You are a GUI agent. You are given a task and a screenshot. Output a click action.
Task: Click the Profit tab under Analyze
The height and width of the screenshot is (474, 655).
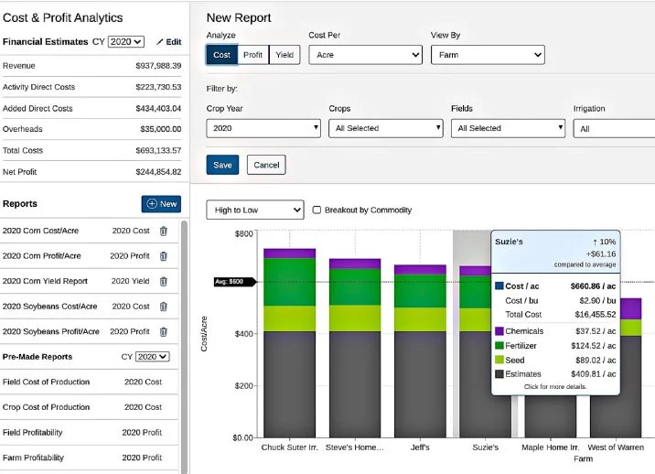tap(253, 55)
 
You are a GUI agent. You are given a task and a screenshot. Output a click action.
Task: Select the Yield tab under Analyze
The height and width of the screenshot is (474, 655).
tap(285, 55)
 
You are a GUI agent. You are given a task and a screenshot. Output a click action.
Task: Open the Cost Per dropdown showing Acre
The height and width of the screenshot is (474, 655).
tap(364, 55)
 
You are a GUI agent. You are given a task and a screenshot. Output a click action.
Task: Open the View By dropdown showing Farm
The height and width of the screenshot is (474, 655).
tap(487, 55)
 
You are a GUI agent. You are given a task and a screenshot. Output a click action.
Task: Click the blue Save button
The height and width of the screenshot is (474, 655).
tap(222, 165)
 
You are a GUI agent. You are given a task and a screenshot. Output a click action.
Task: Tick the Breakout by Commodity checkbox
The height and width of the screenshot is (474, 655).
tap(317, 210)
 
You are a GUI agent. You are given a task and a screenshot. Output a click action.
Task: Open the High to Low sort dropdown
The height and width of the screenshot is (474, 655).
tap(255, 210)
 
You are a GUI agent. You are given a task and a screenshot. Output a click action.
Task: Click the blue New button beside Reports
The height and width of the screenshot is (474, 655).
tap(161, 204)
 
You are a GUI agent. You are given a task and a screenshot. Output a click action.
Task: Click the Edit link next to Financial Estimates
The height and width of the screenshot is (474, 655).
tap(168, 42)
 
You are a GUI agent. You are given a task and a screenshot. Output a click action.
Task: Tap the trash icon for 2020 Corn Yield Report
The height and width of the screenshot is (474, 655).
tap(163, 282)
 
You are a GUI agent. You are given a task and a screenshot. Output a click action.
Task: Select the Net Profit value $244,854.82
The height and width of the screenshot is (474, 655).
tap(157, 171)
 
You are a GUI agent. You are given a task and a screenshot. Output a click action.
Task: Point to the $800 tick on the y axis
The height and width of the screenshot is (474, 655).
tap(242, 234)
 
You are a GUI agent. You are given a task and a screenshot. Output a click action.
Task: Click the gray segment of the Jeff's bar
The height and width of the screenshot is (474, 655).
tap(420, 384)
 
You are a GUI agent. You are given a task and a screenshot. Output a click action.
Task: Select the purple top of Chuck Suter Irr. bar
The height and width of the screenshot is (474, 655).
tap(289, 253)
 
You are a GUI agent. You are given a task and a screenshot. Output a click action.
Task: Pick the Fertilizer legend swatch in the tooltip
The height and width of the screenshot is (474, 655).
tap(499, 345)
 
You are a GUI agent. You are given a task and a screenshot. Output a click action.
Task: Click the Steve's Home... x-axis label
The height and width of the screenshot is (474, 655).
tap(354, 448)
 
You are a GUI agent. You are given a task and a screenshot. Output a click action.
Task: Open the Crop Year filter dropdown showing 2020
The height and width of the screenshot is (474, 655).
tap(263, 129)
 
